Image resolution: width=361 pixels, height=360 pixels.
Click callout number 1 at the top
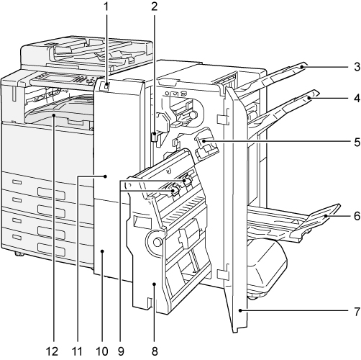pyautogui.click(x=106, y=6)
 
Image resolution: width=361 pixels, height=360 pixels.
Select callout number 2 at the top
pyautogui.click(x=155, y=6)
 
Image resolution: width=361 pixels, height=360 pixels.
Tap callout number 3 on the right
pyautogui.click(x=357, y=67)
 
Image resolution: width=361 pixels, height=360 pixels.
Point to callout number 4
pyautogui.click(x=357, y=98)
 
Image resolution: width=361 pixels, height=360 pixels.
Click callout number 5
pyautogui.click(x=357, y=142)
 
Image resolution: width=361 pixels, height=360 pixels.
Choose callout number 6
pyautogui.click(x=357, y=216)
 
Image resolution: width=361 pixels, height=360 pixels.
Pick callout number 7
pyautogui.click(x=357, y=311)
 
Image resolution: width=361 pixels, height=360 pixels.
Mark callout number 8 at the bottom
pyautogui.click(x=155, y=352)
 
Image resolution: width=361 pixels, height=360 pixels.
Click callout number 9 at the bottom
pyautogui.click(x=121, y=352)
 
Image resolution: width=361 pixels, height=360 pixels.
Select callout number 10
pyautogui.click(x=102, y=352)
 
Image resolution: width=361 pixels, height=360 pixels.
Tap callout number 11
pyautogui.click(x=77, y=352)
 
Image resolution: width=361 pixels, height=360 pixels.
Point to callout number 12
pyautogui.click(x=52, y=352)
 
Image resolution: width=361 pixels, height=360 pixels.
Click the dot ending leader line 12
pyautogui.click(x=54, y=116)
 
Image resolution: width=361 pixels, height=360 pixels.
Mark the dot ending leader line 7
pyautogui.click(x=240, y=311)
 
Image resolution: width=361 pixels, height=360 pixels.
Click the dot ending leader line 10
pyautogui.click(x=102, y=251)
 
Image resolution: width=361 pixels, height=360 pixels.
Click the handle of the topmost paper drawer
pyautogui.click(x=51, y=193)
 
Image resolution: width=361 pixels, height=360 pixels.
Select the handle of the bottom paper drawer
pyautogui.click(x=51, y=250)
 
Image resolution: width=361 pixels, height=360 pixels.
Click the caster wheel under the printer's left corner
pyautogui.click(x=19, y=254)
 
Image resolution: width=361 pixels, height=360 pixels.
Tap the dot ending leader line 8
pyautogui.click(x=155, y=284)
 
